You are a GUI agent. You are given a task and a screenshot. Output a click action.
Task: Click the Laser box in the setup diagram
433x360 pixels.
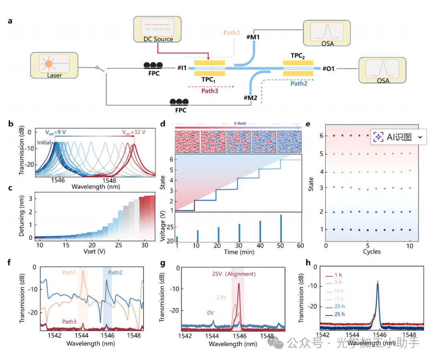(x=54, y=65)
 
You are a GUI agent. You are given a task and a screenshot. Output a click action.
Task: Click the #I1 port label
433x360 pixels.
(x=181, y=69)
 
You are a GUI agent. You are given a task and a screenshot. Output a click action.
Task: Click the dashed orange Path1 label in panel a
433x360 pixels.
(x=231, y=33)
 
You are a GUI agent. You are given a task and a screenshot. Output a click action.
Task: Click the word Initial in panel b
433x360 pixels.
(x=45, y=142)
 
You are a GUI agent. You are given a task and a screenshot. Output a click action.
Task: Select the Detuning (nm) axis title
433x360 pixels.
(x=23, y=217)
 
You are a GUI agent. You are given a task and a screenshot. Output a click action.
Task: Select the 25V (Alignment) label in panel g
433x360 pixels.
(x=234, y=274)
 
